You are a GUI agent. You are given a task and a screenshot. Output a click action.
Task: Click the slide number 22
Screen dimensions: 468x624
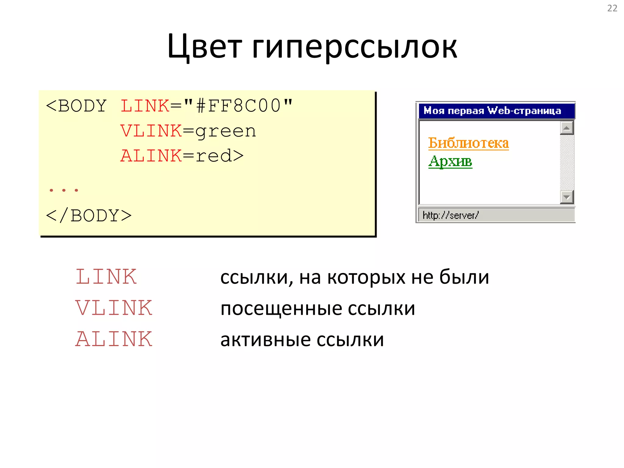point(612,8)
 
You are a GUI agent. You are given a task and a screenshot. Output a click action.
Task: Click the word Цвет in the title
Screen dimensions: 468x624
point(204,46)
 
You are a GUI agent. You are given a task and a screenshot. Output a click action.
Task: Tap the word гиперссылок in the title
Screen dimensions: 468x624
point(355,46)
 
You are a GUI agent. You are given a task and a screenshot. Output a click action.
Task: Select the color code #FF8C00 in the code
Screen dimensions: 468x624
point(238,106)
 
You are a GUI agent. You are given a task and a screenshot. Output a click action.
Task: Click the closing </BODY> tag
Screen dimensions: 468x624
point(89,216)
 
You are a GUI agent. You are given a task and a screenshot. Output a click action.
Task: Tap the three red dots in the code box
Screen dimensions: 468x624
point(64,190)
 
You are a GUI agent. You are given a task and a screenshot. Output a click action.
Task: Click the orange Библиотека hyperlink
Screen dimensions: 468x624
point(468,143)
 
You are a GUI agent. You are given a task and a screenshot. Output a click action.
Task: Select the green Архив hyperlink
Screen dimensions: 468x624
point(450,161)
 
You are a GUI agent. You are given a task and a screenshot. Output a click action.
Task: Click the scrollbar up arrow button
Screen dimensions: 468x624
point(567,128)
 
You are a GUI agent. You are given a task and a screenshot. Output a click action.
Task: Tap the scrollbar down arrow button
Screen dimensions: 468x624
point(567,197)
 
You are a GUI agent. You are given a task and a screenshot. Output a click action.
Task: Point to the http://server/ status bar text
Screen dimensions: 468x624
point(451,215)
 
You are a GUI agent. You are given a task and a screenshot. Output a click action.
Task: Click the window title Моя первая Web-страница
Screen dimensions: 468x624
point(492,111)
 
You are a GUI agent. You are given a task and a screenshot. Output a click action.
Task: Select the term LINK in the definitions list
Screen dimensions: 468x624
point(106,277)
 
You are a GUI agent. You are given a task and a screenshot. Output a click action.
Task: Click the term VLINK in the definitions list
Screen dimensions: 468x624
point(114,308)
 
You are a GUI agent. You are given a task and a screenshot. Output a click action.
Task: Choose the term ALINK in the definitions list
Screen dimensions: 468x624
point(114,339)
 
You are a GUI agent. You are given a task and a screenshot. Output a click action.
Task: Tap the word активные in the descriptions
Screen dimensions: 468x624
point(265,340)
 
